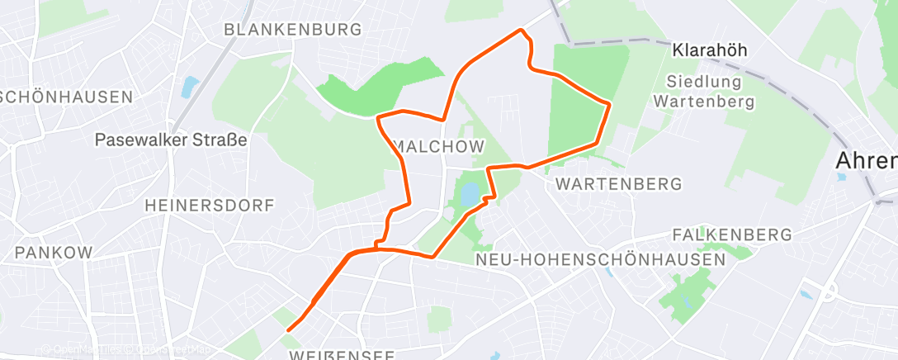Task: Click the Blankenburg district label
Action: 293,30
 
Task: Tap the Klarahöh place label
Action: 710,50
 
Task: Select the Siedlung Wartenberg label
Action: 704,92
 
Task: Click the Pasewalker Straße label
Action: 171,140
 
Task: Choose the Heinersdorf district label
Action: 209,206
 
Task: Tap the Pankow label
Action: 54,252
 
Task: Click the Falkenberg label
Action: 732,235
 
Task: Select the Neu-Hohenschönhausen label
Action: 601,259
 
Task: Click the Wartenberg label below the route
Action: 620,183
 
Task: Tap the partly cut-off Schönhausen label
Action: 66,97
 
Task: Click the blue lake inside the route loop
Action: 468,196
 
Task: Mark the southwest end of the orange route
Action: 288,330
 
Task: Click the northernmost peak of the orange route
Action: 521,31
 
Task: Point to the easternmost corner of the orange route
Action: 609,104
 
